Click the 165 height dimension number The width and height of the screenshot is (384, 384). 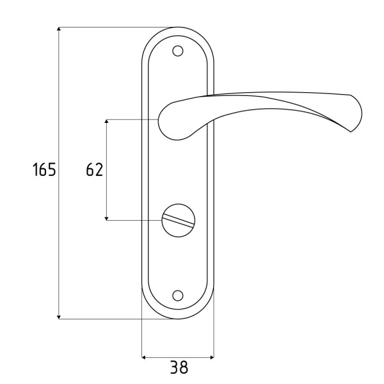[44, 169]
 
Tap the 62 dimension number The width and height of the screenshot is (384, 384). [95, 170]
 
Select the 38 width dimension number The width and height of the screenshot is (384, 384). [179, 367]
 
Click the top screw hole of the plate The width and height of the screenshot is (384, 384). [177, 51]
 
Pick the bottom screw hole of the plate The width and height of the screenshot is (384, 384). [177, 296]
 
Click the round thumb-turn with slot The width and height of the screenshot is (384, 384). [179, 220]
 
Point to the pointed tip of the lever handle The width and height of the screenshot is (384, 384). [351, 131]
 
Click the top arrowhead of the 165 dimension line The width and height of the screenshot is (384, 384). [59, 29]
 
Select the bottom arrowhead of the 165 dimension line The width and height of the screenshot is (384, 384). [59, 317]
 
